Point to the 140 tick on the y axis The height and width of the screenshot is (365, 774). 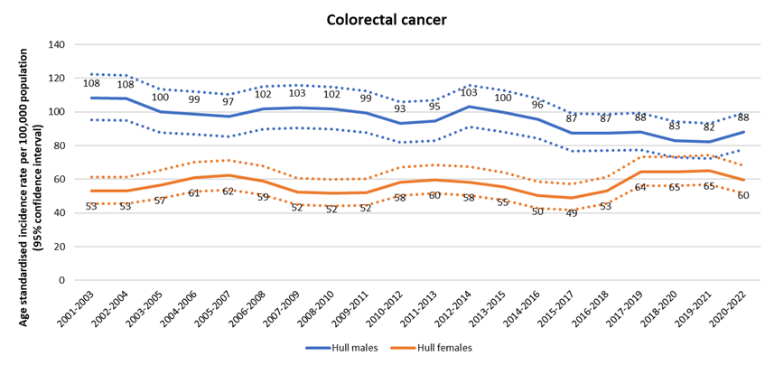(x=59, y=44)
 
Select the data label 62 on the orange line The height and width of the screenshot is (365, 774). (x=228, y=192)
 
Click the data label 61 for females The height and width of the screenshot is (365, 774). (x=193, y=192)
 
